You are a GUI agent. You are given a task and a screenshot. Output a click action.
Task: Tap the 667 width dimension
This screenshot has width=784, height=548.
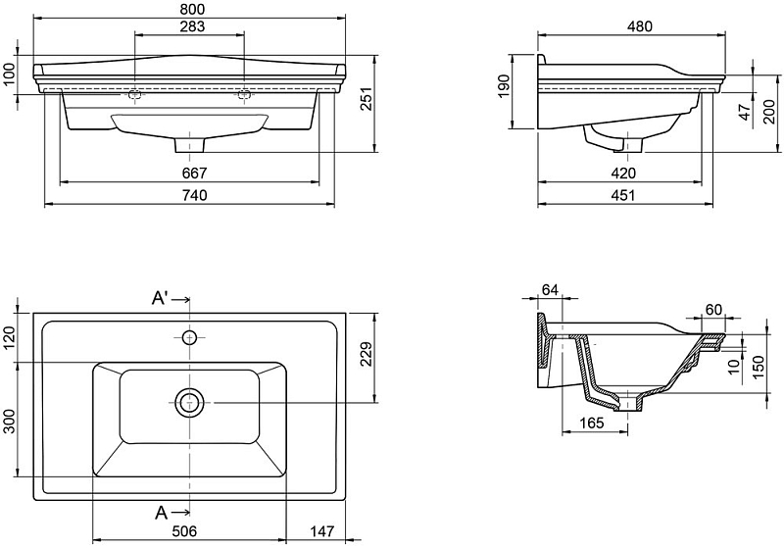[x=194, y=173]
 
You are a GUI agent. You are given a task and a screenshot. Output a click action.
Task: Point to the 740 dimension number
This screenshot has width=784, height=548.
[x=194, y=195]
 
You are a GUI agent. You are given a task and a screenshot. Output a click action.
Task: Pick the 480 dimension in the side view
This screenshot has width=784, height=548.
[x=639, y=26]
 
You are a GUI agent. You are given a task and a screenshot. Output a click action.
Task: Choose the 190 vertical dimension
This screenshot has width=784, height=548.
[x=503, y=85]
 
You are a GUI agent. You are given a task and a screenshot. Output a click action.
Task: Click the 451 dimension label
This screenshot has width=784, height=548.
[x=623, y=195]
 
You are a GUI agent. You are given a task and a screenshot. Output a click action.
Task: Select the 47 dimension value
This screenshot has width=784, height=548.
[x=745, y=112]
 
